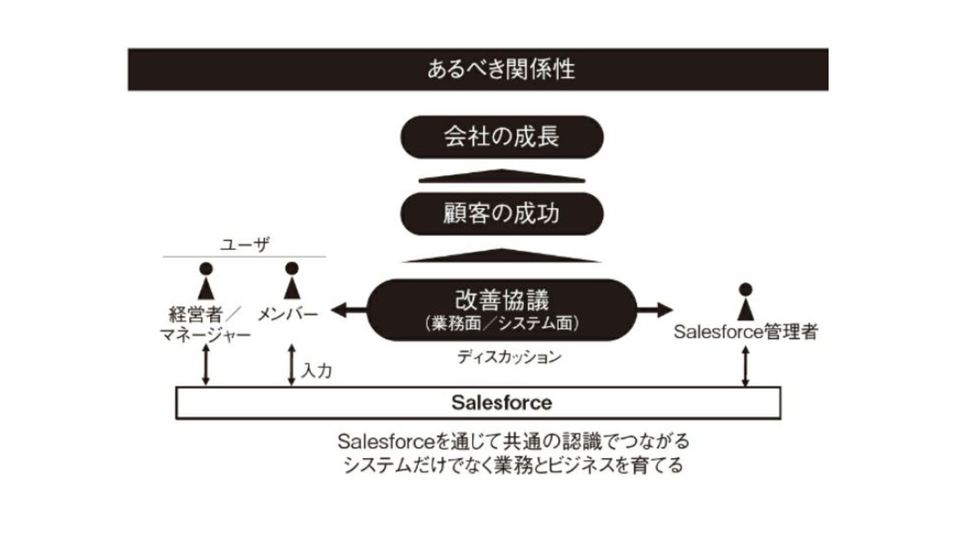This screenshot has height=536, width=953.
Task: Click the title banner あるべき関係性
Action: tap(478, 69)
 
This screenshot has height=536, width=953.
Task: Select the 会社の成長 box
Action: tap(502, 136)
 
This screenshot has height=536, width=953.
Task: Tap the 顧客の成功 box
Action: tap(502, 214)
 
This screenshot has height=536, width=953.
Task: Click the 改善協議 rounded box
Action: tap(502, 309)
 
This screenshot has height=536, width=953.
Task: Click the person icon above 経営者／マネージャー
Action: tap(206, 281)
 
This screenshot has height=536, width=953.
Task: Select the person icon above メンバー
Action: tap(292, 281)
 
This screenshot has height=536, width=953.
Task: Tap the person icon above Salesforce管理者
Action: tap(746, 301)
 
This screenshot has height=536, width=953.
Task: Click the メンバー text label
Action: tap(287, 313)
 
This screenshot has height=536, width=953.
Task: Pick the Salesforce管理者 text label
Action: tap(746, 332)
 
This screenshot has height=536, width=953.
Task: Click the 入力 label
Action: tap(316, 371)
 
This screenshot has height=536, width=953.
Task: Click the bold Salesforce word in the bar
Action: tap(501, 402)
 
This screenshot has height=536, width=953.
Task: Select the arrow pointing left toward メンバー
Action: tap(348, 309)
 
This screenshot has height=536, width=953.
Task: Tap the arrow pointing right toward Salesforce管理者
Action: tap(655, 309)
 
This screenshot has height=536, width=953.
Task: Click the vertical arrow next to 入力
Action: tap(291, 365)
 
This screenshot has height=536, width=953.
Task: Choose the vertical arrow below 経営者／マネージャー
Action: tap(206, 365)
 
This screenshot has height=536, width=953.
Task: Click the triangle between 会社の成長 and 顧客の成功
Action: tap(502, 176)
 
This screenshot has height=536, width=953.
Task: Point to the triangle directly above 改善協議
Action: tap(502, 255)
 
